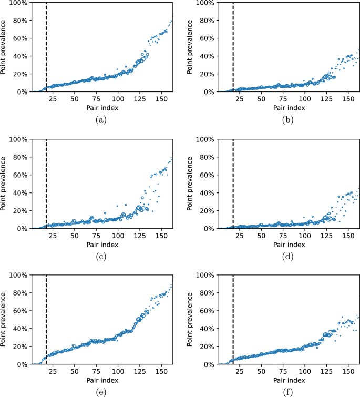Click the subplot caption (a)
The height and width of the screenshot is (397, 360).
101,120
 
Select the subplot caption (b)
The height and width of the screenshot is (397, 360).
287,120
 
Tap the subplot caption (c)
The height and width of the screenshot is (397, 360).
101,257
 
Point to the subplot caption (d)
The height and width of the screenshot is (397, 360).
287,257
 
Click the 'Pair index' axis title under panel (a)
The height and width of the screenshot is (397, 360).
101,108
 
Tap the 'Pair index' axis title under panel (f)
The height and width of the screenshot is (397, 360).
287,380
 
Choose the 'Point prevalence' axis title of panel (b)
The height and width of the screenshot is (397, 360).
191,47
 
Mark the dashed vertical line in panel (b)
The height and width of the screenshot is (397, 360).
233,47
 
